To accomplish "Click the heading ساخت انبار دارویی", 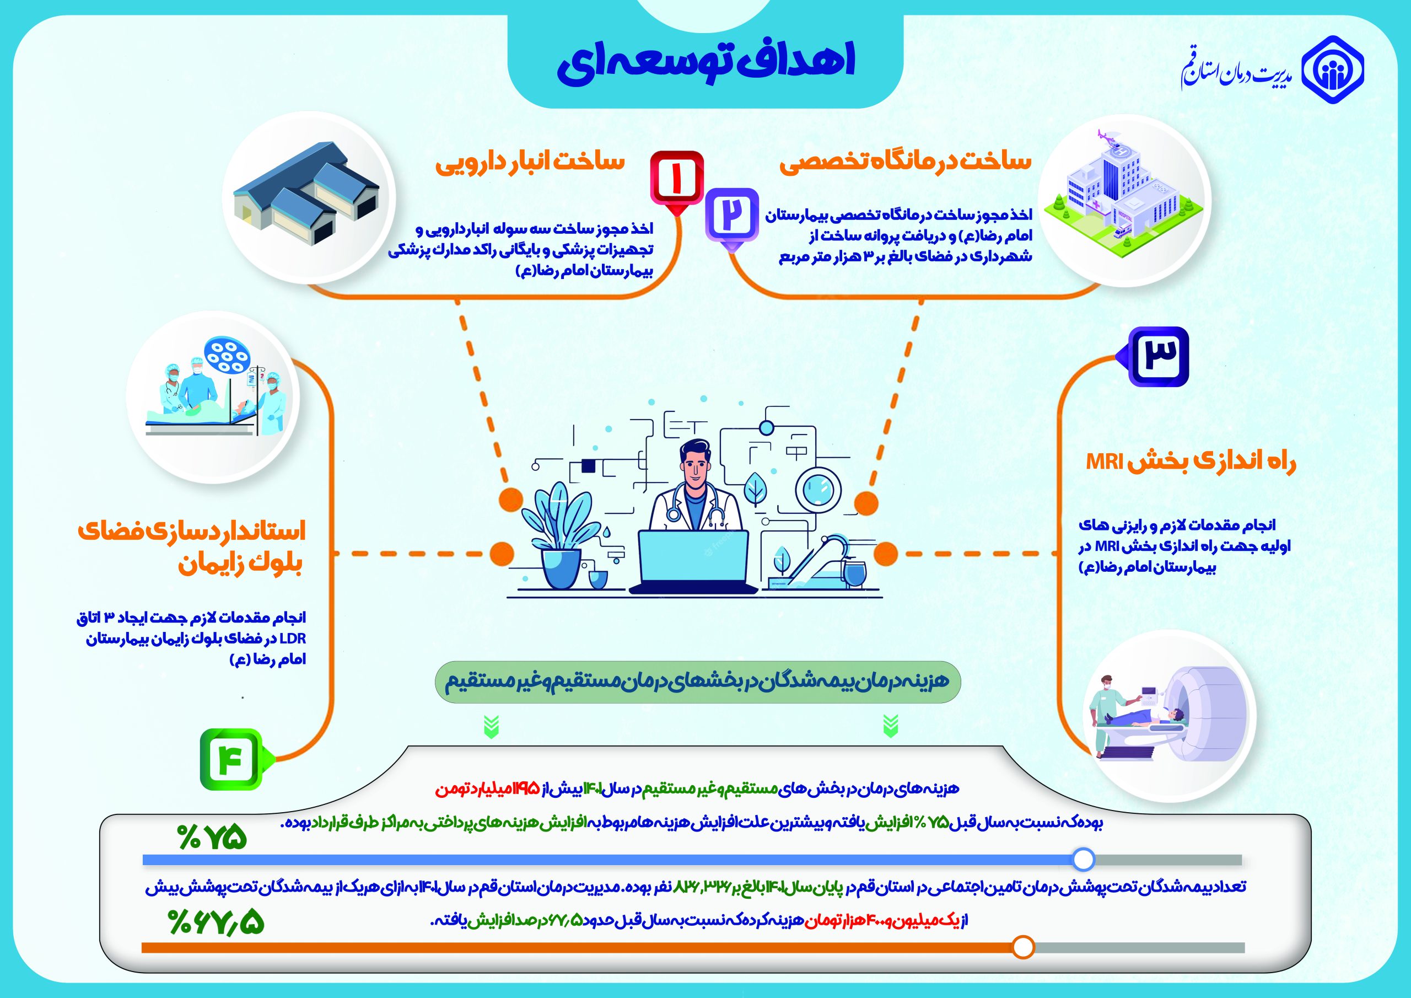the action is [x=530, y=164].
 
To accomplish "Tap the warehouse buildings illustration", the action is [x=306, y=194].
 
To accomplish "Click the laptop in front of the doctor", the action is [x=693, y=560].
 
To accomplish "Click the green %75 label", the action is [x=212, y=838].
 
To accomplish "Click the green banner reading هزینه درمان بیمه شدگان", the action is [x=696, y=682].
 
